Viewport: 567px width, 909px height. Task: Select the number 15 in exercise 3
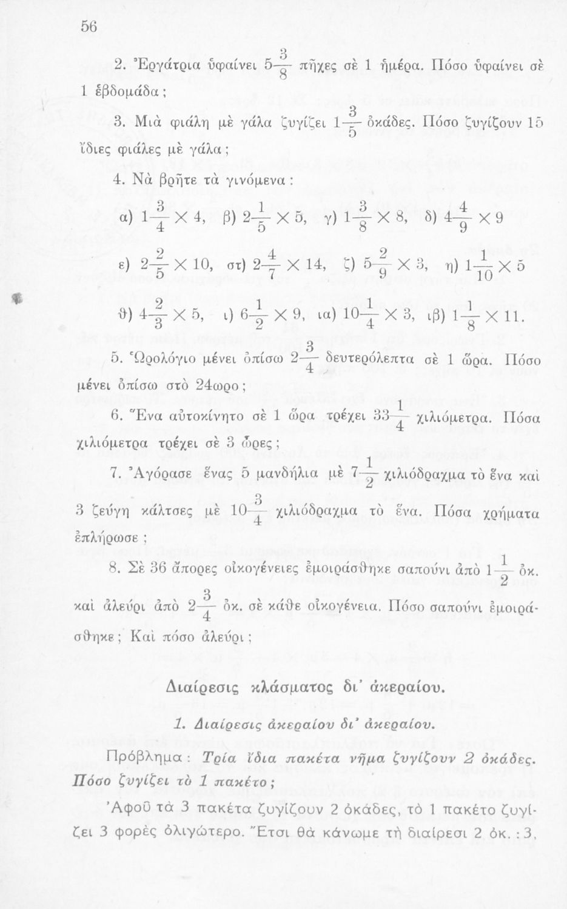click(x=534, y=122)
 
